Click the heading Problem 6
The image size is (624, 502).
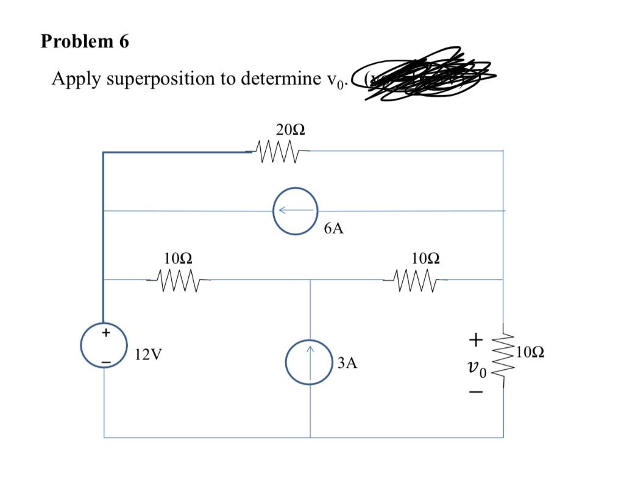click(x=85, y=41)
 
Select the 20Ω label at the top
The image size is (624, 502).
click(x=290, y=129)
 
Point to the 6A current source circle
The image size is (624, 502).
click(x=296, y=211)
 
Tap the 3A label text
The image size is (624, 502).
click(x=346, y=364)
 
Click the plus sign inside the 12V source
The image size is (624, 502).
click(x=106, y=333)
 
